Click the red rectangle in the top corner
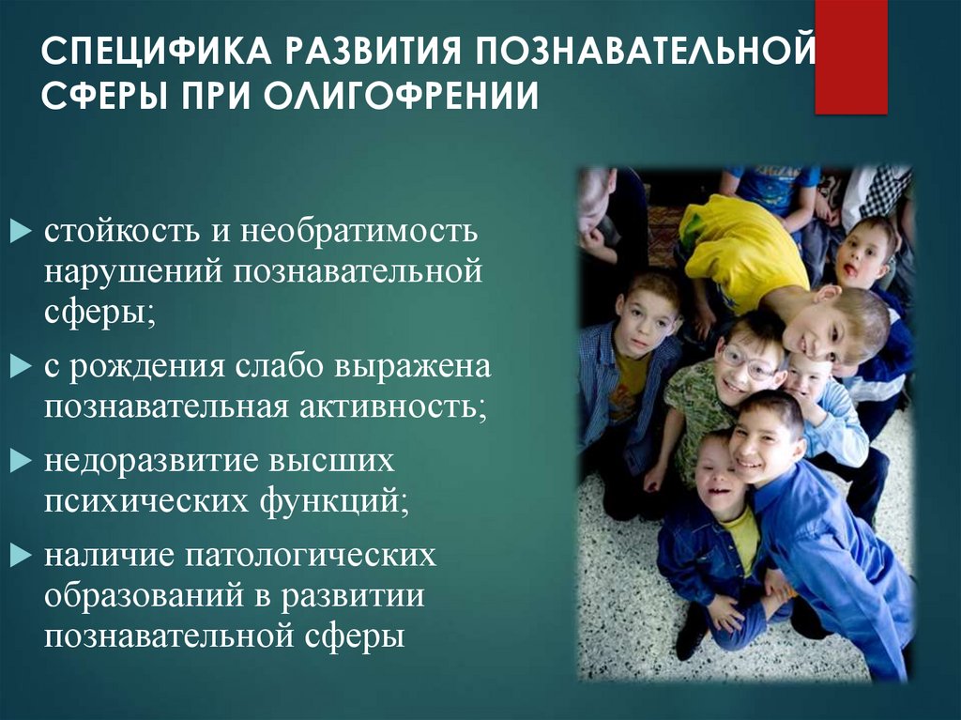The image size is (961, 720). tap(850, 56)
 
